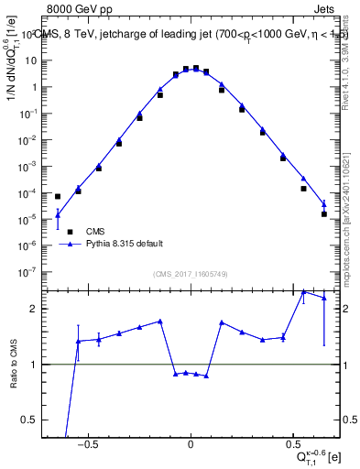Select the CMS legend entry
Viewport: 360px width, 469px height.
(94, 232)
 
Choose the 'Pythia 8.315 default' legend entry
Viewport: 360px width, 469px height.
(125, 245)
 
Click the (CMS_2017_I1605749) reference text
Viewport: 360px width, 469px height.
(191, 274)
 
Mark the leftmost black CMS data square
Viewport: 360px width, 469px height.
(57, 196)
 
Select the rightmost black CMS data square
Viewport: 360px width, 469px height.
(324, 214)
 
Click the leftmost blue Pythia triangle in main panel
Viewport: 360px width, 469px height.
(57, 215)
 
